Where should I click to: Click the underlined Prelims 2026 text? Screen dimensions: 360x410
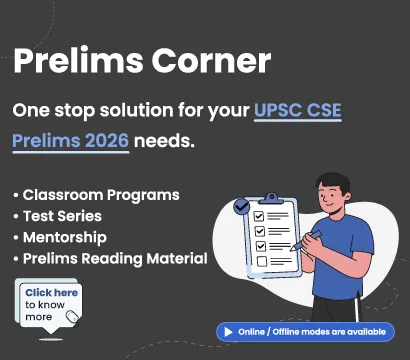point(71,140)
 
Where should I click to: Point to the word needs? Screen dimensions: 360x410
point(164,140)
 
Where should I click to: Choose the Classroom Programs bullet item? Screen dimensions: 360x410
point(99,194)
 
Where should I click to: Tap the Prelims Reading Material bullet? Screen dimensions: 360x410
point(113,259)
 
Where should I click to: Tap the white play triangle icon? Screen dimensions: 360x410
point(228,331)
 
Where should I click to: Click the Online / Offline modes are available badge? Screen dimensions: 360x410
point(304,331)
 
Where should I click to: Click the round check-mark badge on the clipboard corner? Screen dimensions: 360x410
point(241,207)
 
